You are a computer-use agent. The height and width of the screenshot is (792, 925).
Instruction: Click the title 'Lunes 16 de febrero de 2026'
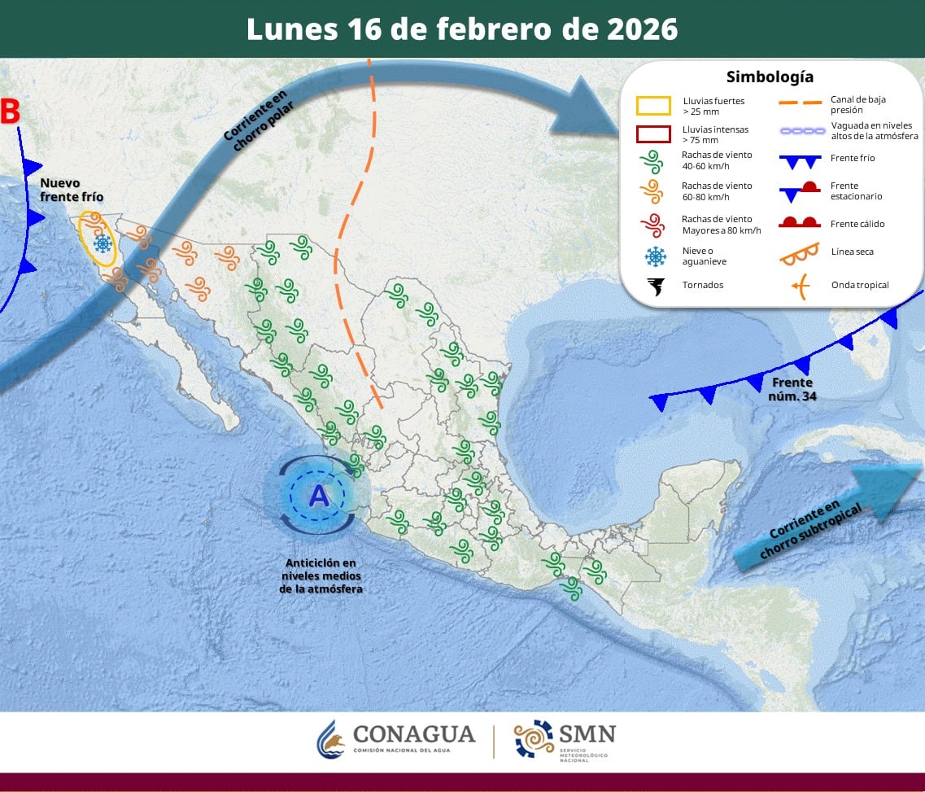[x=462, y=28]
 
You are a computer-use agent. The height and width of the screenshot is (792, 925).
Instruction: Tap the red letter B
[x=10, y=112]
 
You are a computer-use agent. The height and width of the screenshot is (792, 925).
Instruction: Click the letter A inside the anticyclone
[x=320, y=496]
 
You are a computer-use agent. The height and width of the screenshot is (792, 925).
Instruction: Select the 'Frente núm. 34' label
[x=792, y=389]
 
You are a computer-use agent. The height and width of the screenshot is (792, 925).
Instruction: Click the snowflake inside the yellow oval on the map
[x=103, y=243]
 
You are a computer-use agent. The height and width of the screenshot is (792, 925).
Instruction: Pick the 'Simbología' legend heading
[x=770, y=77]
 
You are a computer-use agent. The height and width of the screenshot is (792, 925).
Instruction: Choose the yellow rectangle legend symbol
[x=653, y=106]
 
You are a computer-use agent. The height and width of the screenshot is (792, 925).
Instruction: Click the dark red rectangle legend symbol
[x=653, y=133]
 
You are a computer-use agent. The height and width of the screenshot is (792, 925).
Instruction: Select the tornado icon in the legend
[x=654, y=286]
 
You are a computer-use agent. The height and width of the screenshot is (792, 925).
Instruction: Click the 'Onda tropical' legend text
[x=860, y=285]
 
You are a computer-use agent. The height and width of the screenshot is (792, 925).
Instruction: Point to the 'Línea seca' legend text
[x=852, y=252]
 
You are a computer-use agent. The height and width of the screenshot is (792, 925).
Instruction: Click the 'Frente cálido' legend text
[x=857, y=224]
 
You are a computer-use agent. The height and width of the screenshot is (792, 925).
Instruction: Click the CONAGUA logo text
[x=414, y=734]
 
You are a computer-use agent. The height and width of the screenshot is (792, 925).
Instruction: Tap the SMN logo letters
[x=589, y=734]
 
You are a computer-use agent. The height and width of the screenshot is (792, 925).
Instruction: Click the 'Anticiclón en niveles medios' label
[x=321, y=575]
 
